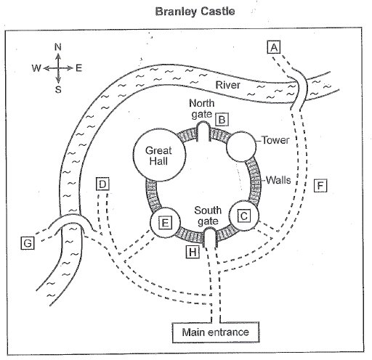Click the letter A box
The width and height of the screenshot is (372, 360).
tap(274, 47)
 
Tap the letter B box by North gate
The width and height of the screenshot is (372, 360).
tap(222, 120)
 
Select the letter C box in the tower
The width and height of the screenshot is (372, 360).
tap(244, 216)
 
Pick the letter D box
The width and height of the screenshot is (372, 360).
tap(102, 184)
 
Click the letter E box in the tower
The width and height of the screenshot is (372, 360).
tap(165, 223)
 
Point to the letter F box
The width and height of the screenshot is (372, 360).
tap(320, 186)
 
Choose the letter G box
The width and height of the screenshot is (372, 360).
tap(28, 242)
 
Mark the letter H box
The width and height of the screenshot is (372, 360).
tap(193, 252)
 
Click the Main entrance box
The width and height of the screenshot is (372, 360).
tap(216, 332)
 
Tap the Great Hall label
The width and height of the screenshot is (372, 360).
tap(158, 156)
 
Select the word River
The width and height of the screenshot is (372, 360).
tap(227, 85)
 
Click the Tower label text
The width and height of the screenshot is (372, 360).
tap(275, 140)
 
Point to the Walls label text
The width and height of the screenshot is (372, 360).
tap(278, 180)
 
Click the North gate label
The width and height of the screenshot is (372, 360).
tap(202, 109)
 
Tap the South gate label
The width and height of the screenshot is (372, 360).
tap(208, 216)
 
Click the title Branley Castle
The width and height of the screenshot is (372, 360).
tap(195, 12)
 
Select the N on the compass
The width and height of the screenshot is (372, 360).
tap(58, 47)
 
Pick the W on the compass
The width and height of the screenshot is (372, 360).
tap(36, 68)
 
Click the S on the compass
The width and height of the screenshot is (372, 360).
tap(58, 89)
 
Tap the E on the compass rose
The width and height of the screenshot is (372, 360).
tap(79, 68)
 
